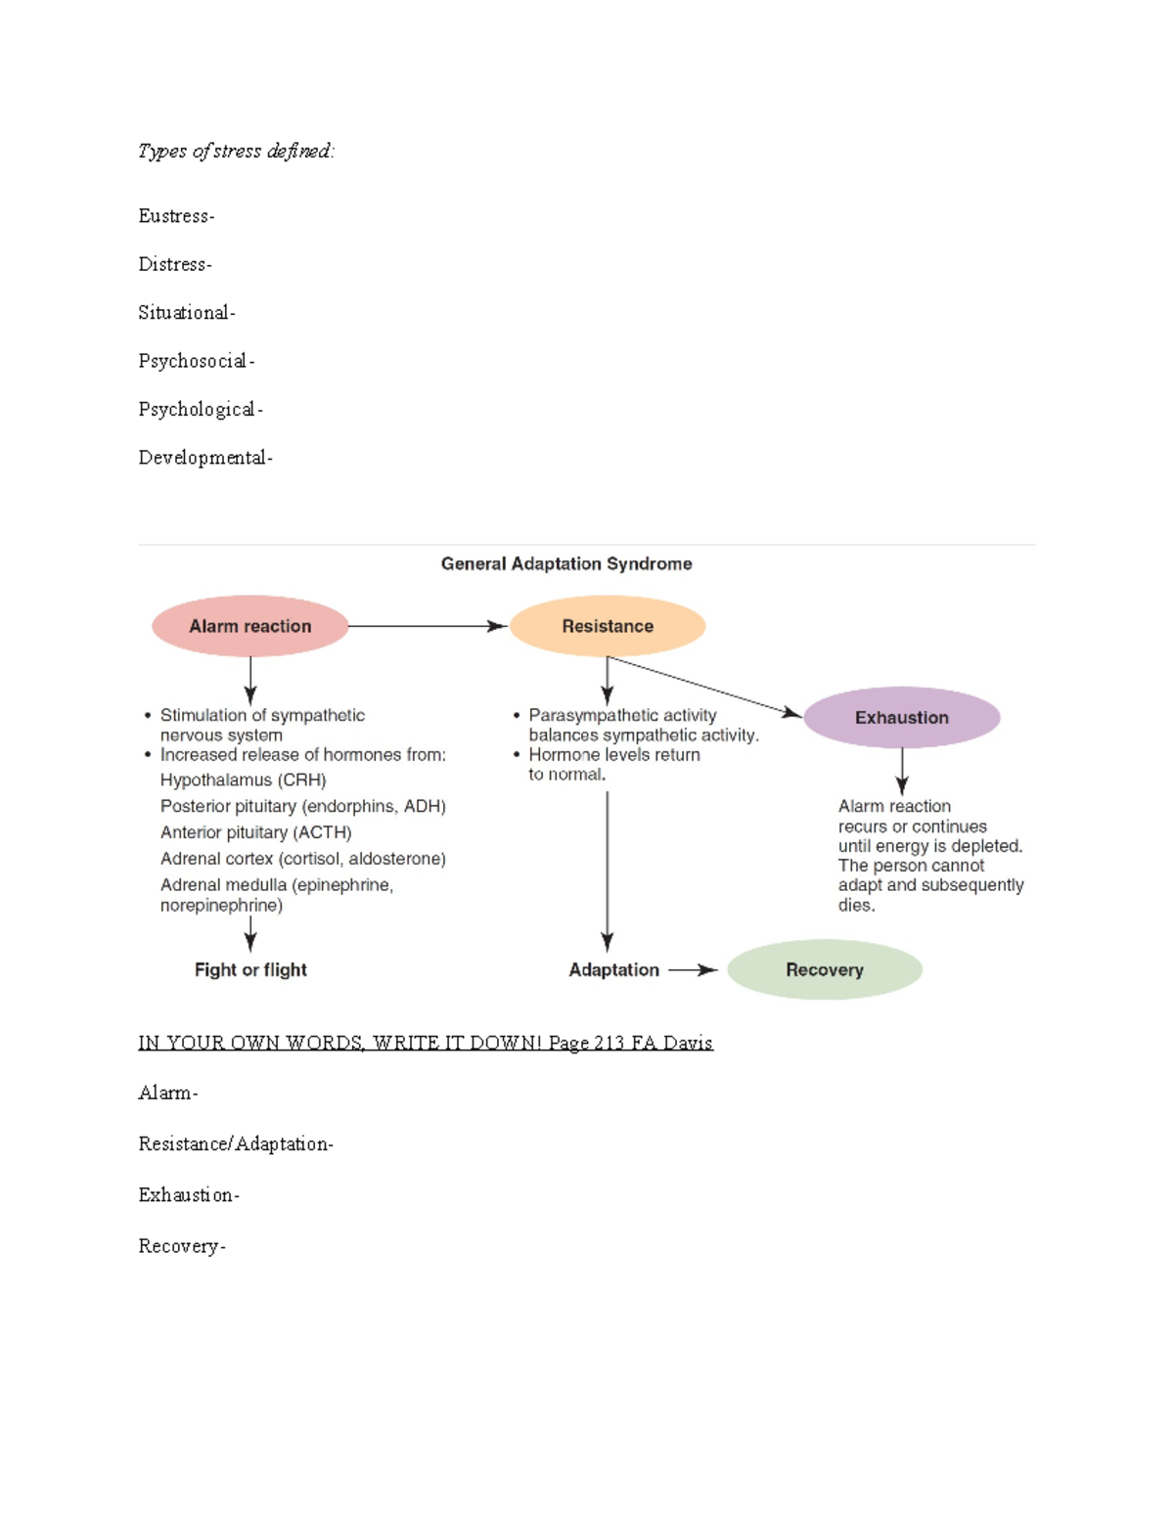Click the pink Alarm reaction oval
click(250, 626)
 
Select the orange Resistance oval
click(608, 626)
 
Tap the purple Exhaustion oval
click(901, 717)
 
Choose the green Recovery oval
click(825, 969)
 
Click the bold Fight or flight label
click(250, 969)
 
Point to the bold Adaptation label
click(613, 969)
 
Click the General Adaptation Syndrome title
click(566, 563)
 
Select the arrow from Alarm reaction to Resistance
click(427, 626)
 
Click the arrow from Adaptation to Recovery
click(693, 969)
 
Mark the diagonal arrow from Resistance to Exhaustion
click(704, 686)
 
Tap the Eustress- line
click(176, 216)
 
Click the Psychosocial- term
click(196, 361)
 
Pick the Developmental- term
click(205, 458)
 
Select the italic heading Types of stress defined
click(236, 151)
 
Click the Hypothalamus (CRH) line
click(243, 780)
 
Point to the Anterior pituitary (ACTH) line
click(255, 832)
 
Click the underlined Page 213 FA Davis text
click(630, 1043)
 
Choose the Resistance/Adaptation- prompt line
click(236, 1143)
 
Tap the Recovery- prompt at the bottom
click(182, 1246)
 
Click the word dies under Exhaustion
click(855, 905)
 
